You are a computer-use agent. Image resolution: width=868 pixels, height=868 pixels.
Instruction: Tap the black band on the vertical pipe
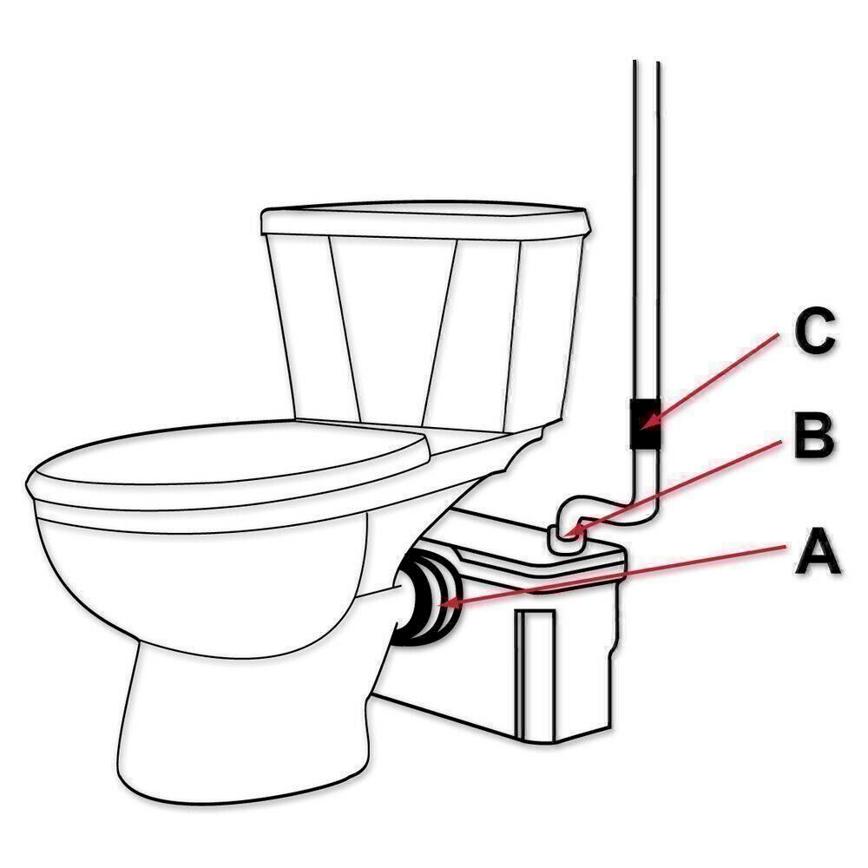[646, 424]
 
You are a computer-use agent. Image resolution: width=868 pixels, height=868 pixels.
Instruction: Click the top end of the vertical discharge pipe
[647, 62]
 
